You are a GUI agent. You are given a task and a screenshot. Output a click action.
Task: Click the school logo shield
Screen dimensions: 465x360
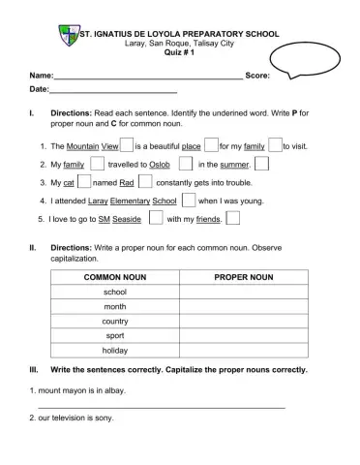pos(67,38)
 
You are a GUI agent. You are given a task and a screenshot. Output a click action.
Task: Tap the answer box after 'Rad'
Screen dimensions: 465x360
pos(145,182)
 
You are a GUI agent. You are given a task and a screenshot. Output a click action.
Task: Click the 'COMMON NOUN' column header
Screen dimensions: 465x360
pos(115,277)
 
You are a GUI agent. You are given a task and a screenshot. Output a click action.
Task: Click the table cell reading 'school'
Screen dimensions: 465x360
pos(115,292)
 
